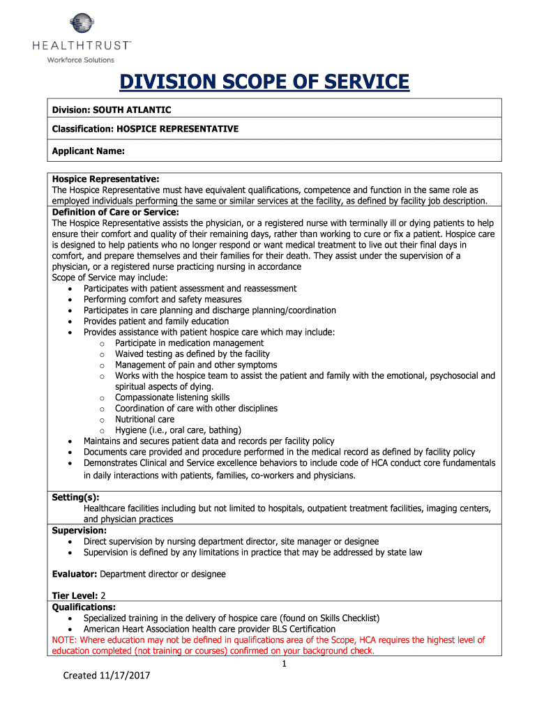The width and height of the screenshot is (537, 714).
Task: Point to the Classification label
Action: tap(83, 129)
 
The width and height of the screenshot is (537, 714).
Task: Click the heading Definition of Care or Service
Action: tap(116, 212)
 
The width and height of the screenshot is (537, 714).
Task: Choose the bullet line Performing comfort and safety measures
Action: tap(162, 299)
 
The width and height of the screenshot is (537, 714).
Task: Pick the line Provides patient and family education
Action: tap(156, 321)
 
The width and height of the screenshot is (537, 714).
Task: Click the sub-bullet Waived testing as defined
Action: tap(192, 354)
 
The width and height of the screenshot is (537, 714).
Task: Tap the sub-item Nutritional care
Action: tap(145, 419)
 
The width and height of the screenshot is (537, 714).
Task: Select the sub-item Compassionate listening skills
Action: tap(172, 397)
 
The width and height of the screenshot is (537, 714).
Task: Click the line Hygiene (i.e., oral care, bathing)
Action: tap(178, 430)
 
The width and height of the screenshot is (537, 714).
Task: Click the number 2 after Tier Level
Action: tap(103, 596)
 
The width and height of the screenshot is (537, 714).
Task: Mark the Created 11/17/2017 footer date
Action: tap(107, 675)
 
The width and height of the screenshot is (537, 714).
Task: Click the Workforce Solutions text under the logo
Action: tap(80, 60)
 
